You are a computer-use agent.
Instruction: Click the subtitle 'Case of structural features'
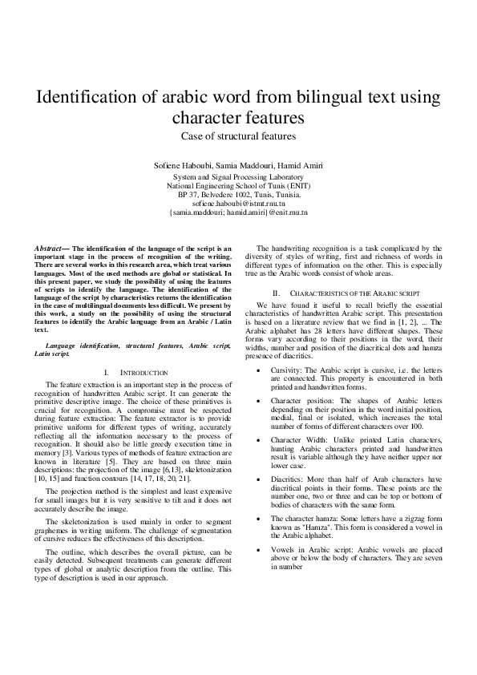238,136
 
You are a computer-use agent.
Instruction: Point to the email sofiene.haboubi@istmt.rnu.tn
239,204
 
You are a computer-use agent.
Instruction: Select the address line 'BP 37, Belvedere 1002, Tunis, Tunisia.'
239,194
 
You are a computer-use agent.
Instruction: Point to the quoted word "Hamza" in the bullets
309,526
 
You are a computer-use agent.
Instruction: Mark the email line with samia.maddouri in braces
239,213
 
